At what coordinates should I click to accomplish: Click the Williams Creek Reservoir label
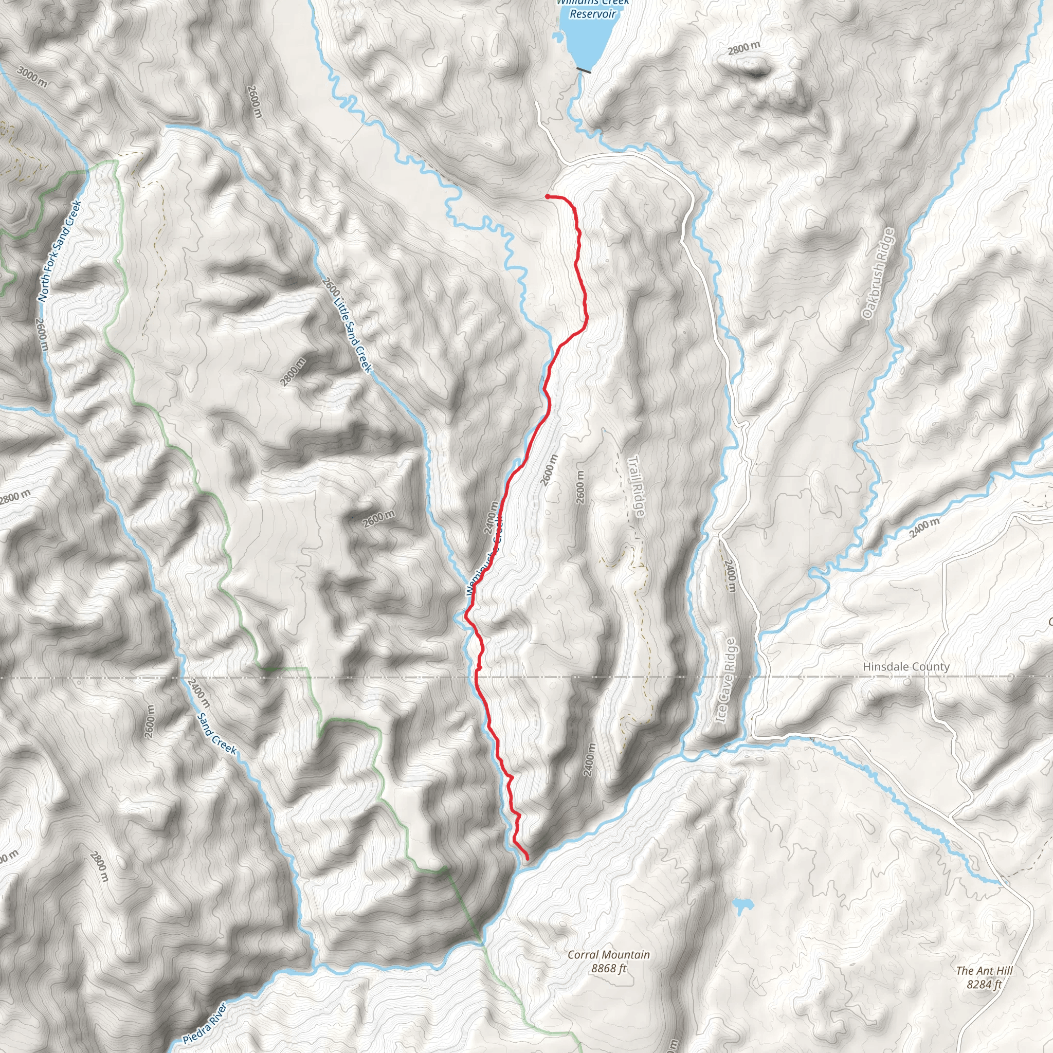[592, 9]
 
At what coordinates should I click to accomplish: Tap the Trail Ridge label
[636, 486]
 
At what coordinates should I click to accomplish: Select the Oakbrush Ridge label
[878, 273]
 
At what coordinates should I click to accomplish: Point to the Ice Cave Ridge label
[727, 681]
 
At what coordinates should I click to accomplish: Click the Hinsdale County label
[906, 666]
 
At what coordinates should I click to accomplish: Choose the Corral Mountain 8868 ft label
[609, 961]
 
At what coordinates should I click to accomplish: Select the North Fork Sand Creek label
[60, 251]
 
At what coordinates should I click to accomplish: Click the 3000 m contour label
[31, 77]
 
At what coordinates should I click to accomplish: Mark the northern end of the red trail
[547, 196]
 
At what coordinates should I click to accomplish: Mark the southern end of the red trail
[527, 859]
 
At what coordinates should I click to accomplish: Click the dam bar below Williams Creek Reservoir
[584, 70]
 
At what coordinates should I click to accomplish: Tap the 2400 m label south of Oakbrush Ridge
[924, 528]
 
